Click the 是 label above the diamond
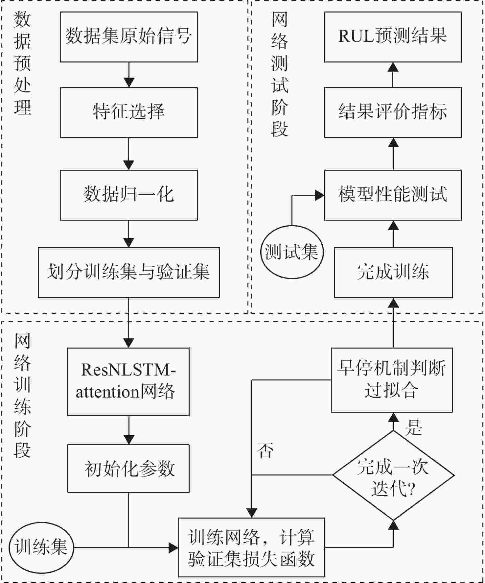point(413,428)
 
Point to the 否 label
point(265,450)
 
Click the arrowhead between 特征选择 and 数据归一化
point(129,165)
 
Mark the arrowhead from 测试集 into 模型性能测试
point(320,195)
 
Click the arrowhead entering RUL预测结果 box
point(393,67)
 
